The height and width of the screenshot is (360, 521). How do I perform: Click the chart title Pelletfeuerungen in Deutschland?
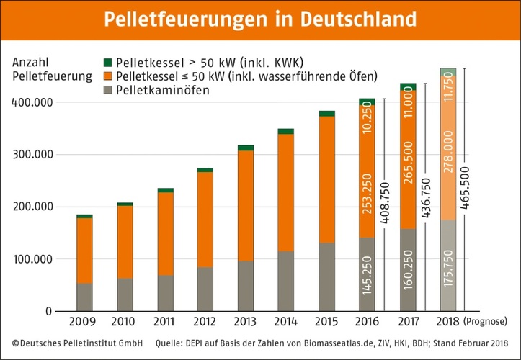tap(260, 19)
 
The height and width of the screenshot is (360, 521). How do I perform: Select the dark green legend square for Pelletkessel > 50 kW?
tap(108, 63)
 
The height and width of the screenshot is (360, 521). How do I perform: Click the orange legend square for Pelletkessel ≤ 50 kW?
tap(108, 76)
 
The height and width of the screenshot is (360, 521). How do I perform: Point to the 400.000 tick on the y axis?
tap(31, 102)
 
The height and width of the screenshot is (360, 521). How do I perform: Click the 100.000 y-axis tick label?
tap(31, 259)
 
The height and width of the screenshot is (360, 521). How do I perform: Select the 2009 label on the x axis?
tap(84, 321)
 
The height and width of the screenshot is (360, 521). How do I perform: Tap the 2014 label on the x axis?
tap(285, 321)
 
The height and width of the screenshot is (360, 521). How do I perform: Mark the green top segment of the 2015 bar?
tap(326, 113)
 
